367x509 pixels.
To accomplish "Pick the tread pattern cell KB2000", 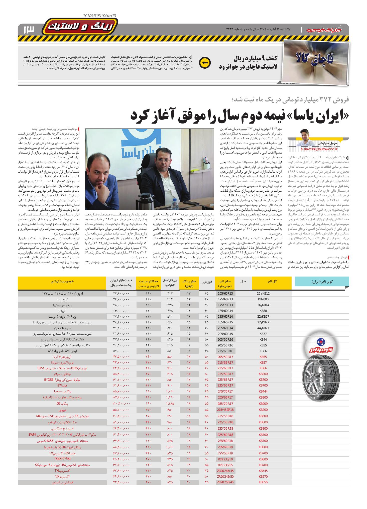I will tap(263, 299).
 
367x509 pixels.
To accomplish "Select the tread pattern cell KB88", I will tap(263, 311).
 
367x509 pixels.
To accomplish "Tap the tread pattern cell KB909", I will tap(263, 404).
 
